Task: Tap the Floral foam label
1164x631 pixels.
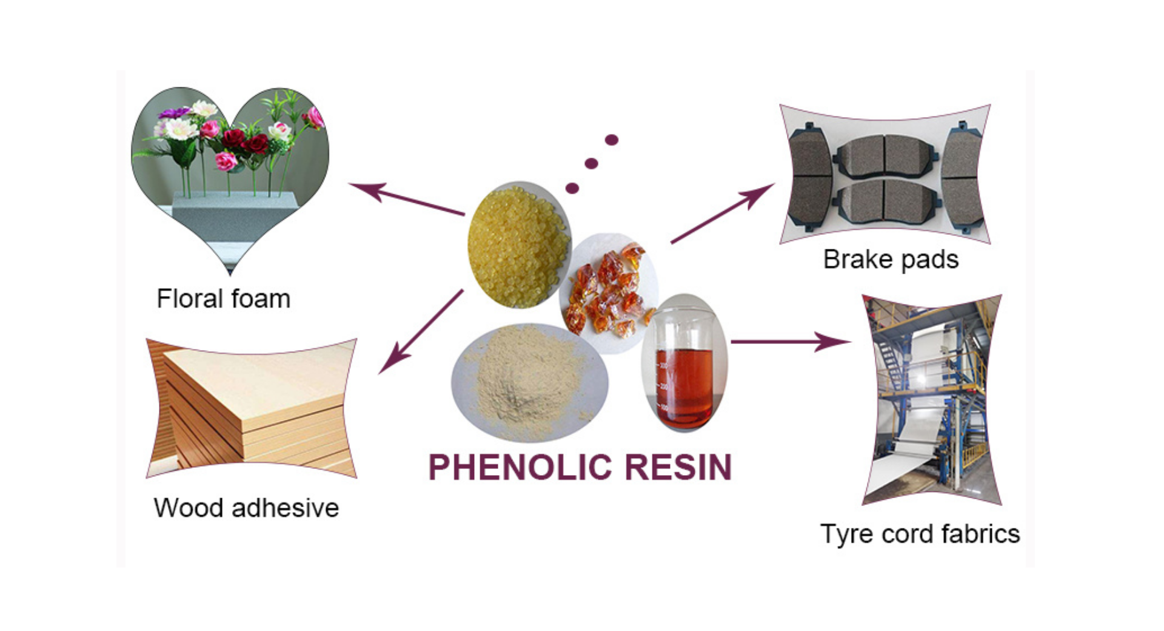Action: pos(224,299)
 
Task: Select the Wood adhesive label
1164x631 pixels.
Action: pos(246,508)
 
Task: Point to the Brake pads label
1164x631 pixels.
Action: pos(891,260)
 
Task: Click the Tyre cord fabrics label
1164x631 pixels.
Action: pos(920,534)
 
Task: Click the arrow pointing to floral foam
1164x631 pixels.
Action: pos(406,199)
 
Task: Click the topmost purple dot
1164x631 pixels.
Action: pos(612,140)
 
